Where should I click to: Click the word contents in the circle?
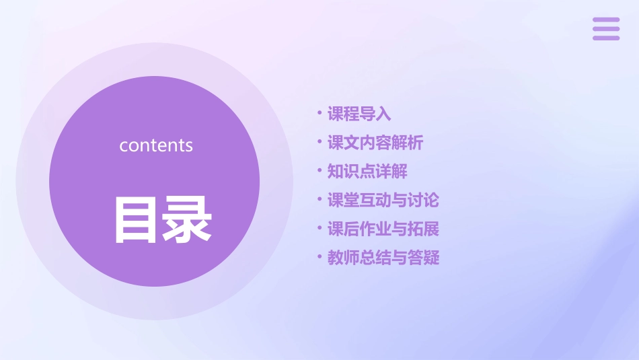pos(156,145)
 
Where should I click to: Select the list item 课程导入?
pos(359,114)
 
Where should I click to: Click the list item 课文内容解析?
pos(375,143)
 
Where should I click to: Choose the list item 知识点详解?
pos(367,172)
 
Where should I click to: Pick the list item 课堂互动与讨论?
pos(383,200)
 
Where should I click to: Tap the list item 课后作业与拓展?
pos(383,229)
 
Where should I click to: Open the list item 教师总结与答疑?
pos(383,258)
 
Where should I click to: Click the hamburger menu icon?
pos(606,29)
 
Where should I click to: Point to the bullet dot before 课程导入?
pos(319,113)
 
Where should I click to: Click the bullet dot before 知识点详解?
pos(319,171)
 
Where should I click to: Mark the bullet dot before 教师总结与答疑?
pos(319,257)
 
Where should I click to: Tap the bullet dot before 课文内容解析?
pos(319,142)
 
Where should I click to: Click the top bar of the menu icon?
pos(606,20)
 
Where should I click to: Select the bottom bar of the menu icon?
pos(606,38)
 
